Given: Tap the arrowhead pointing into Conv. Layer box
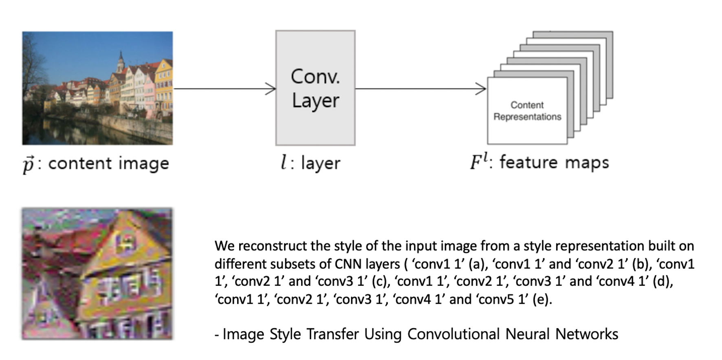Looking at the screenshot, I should point(271,88).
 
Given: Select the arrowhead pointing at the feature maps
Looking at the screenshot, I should point(482,88).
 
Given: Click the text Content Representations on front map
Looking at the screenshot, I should point(527,111).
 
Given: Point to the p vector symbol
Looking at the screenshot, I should point(28,164).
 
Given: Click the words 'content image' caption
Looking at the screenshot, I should point(108,163).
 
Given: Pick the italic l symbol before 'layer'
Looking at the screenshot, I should point(284,162).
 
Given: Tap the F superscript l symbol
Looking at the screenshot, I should point(479,161).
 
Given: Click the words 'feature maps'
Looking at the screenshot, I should point(554,162).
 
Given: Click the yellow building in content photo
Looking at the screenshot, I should point(164,86).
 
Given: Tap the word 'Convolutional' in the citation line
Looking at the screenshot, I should point(453,334).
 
